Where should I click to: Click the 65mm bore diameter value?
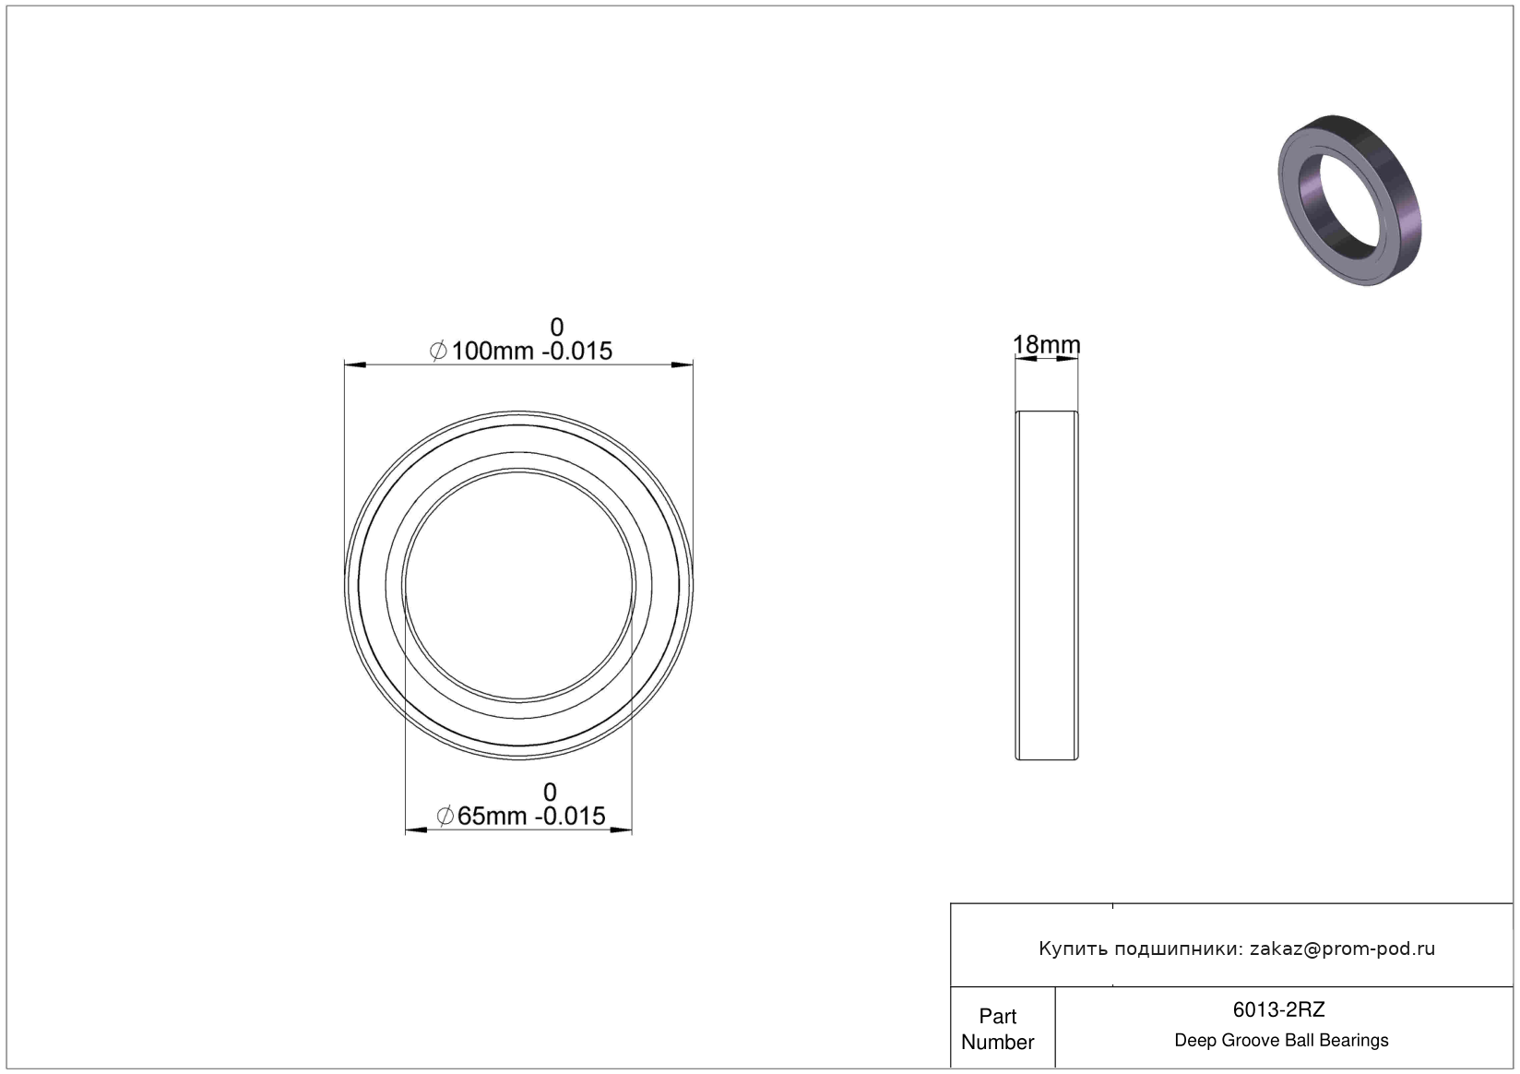point(492,816)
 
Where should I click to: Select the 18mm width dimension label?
point(1046,345)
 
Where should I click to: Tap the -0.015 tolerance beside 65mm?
point(570,816)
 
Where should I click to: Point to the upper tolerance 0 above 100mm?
point(556,328)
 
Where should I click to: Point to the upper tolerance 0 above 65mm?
point(550,793)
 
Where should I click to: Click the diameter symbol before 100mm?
point(438,351)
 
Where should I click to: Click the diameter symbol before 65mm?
point(445,816)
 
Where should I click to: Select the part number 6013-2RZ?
point(1278,1010)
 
